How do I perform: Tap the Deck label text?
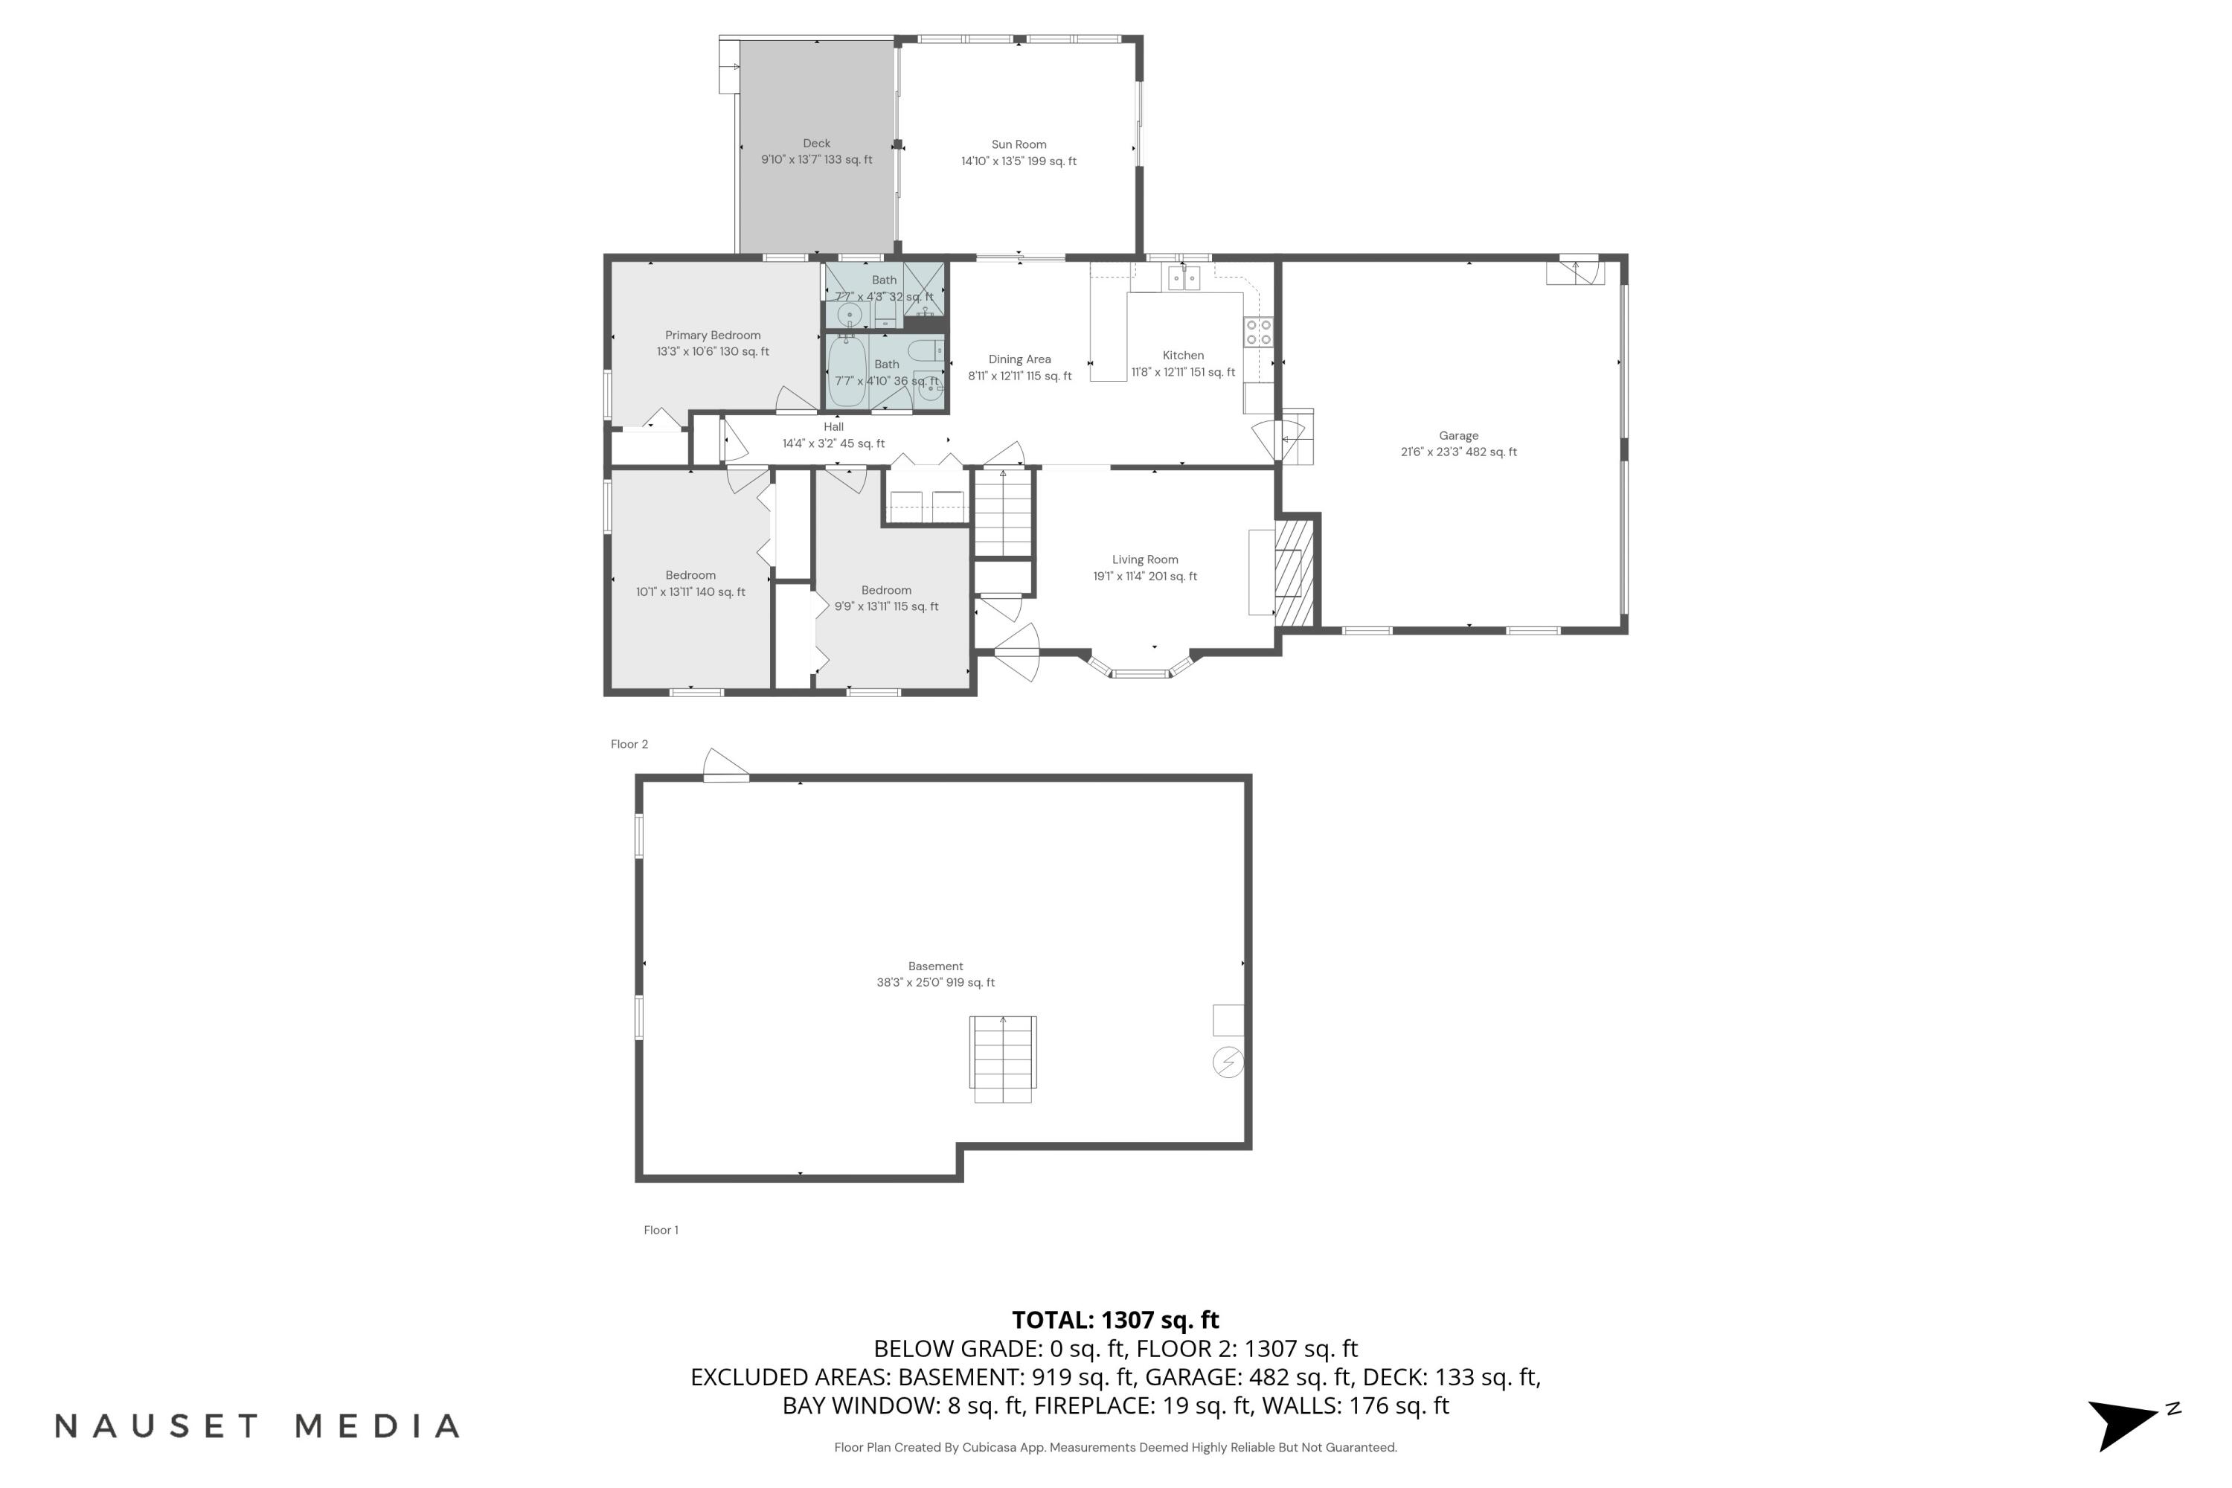(x=816, y=144)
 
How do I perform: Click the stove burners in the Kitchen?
(x=1258, y=332)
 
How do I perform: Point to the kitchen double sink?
(x=1184, y=277)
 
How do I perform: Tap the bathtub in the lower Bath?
(x=847, y=372)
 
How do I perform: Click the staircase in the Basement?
(x=1002, y=1058)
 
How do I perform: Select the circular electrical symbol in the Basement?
(x=1228, y=1062)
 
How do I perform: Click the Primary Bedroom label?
(x=713, y=335)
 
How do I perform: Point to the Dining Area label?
(x=1019, y=359)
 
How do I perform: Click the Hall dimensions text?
(x=833, y=443)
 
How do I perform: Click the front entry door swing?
(x=1017, y=653)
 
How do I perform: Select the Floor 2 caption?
(x=629, y=744)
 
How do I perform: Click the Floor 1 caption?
(x=661, y=1230)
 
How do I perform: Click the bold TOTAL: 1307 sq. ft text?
(x=1115, y=1319)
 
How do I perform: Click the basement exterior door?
(x=726, y=767)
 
